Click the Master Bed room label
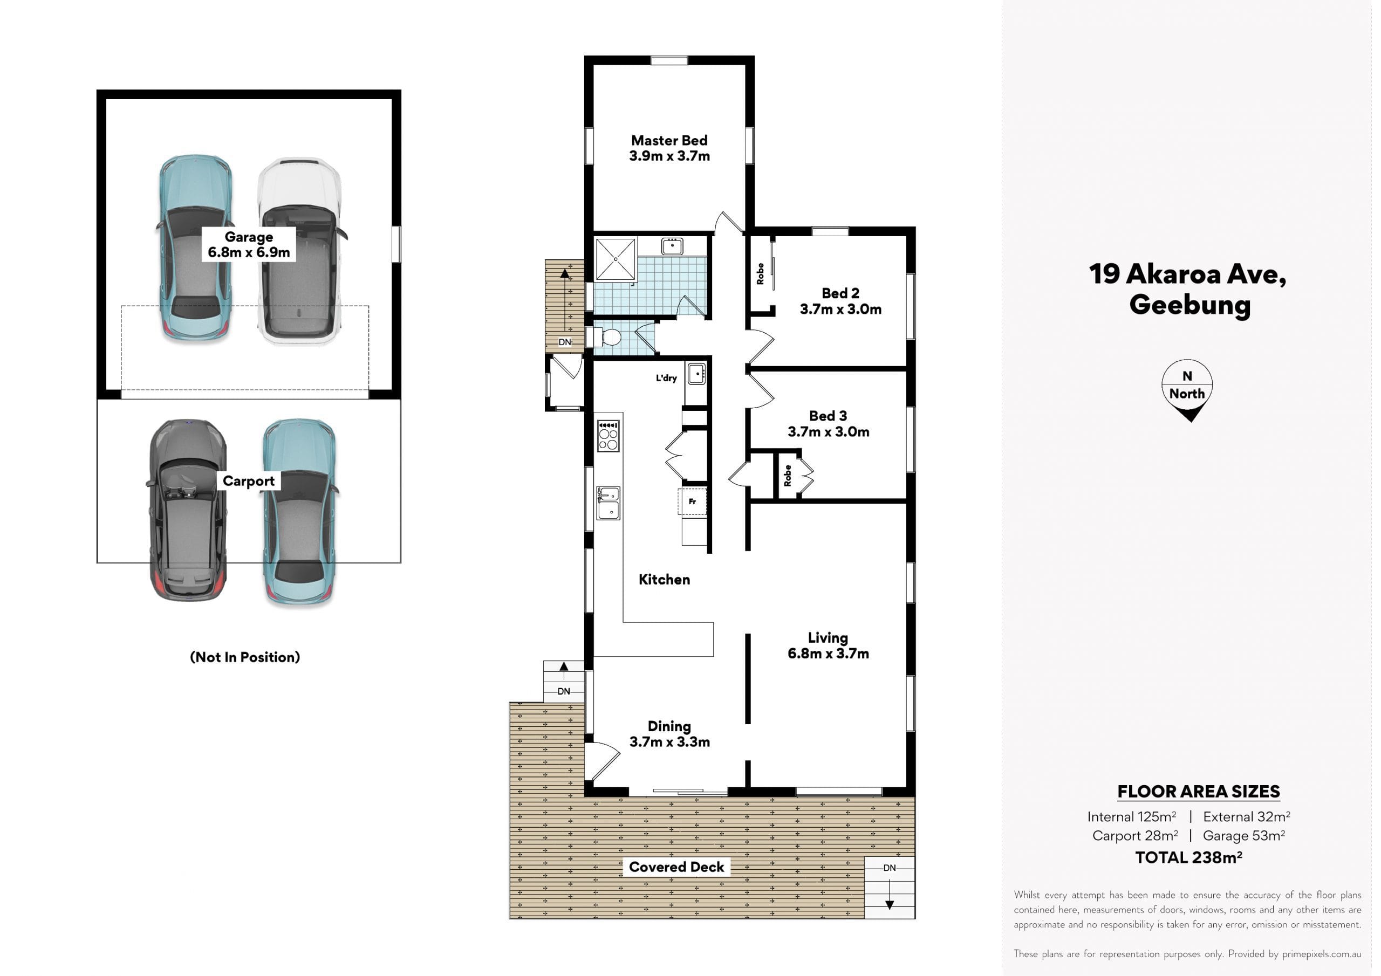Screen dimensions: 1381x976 (669, 148)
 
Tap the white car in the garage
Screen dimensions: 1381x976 (299, 251)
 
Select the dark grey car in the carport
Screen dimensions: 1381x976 (188, 510)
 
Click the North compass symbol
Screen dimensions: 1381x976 (1187, 390)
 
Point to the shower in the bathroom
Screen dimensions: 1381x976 (616, 259)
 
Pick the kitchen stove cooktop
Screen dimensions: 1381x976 (608, 435)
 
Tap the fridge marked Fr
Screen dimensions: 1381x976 (692, 501)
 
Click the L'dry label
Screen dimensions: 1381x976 (666, 378)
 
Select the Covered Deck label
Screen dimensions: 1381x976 (676, 867)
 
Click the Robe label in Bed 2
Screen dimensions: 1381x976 (760, 273)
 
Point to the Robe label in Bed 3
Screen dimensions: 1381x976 (788, 476)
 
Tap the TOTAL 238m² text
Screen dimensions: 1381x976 (1188, 857)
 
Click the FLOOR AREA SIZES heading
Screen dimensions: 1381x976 (1198, 792)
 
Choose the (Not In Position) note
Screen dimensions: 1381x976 (245, 657)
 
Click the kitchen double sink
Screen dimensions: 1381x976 (608, 503)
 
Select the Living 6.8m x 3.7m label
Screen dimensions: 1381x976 (828, 645)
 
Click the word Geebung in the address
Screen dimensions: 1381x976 (1189, 305)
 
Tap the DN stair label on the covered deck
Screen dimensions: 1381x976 (890, 868)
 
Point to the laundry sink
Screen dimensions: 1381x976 (696, 374)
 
